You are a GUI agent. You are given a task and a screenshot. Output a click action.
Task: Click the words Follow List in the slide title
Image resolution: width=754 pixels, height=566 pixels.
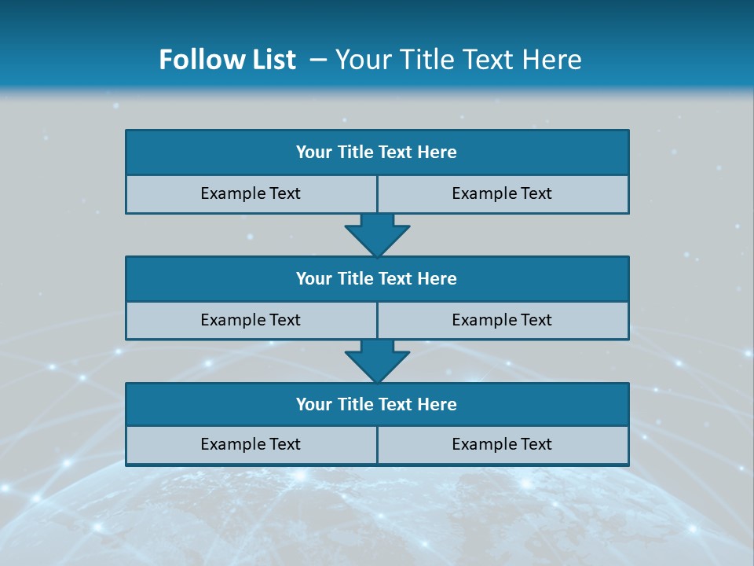point(227,60)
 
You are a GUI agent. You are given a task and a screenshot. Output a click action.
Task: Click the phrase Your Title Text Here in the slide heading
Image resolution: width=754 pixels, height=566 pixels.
point(458,60)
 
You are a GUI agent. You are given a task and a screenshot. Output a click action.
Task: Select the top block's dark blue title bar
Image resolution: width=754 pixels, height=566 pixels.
point(377,153)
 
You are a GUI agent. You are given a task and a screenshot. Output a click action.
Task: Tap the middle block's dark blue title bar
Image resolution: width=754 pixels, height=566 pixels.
point(377,278)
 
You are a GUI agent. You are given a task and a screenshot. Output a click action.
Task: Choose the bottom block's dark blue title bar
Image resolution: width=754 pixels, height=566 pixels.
point(377,404)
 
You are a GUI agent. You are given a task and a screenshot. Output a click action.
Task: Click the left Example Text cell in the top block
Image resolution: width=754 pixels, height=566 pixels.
point(251,193)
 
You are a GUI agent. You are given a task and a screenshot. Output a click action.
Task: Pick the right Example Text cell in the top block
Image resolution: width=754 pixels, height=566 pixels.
point(503,193)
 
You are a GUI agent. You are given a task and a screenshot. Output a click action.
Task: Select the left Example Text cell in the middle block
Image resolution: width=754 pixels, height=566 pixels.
point(251,320)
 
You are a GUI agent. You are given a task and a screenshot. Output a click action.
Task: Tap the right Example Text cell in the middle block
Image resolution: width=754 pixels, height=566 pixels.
point(503,320)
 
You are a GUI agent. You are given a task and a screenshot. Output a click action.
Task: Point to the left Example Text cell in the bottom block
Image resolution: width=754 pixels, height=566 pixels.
point(251,444)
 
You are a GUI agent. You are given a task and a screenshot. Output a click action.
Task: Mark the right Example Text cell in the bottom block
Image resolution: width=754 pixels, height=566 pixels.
point(503,444)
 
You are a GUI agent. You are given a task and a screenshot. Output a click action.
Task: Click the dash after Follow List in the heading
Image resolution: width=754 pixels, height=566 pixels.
point(318,60)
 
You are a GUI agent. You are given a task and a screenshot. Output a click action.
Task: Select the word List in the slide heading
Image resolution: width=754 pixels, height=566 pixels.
point(273,60)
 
